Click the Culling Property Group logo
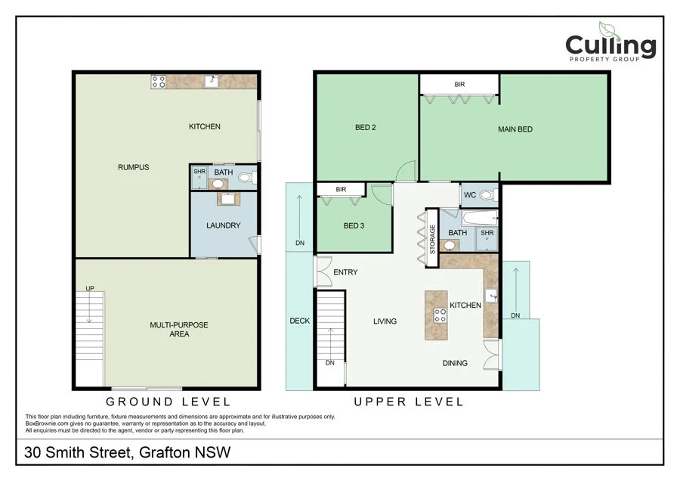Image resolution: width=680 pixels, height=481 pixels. (x=610, y=42)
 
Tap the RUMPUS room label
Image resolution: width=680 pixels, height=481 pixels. (x=133, y=167)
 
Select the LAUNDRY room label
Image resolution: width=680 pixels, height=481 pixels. (x=224, y=225)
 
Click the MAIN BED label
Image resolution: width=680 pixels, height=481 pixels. (x=515, y=129)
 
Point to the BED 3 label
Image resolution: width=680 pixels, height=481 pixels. (x=354, y=225)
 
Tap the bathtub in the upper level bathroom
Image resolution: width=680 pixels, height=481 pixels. (x=479, y=218)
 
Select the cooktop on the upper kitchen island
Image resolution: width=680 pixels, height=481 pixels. (x=440, y=315)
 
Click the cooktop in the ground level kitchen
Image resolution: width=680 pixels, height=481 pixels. (x=159, y=82)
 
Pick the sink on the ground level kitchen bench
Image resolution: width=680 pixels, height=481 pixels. (x=212, y=81)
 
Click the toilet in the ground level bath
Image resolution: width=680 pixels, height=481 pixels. (x=247, y=177)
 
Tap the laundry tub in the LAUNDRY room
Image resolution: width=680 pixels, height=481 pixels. (x=228, y=199)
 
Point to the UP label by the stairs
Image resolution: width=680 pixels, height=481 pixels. (x=90, y=288)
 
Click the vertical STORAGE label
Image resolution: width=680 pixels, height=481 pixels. (x=432, y=239)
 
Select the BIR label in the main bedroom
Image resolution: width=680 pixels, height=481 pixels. (x=459, y=84)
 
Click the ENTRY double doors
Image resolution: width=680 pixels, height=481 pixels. (x=323, y=272)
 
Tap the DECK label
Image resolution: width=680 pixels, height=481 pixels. (x=300, y=321)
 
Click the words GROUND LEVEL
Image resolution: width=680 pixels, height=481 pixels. (x=168, y=402)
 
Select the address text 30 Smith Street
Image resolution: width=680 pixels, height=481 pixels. (x=79, y=452)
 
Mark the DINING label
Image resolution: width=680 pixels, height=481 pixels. (x=455, y=363)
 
